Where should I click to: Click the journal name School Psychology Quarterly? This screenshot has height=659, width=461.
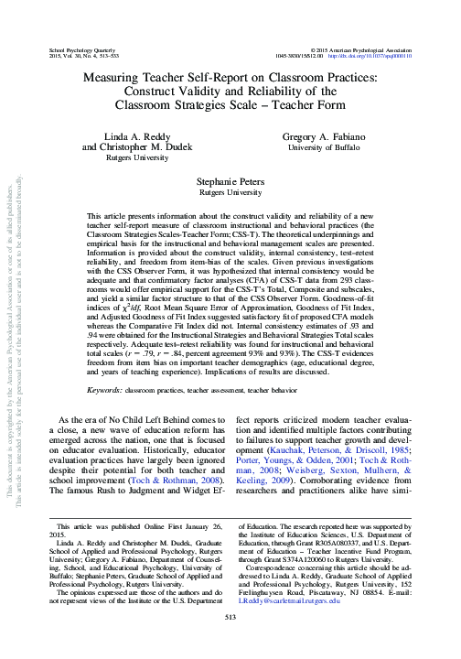click(x=78, y=46)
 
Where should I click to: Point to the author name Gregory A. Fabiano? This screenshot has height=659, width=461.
click(x=329, y=135)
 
